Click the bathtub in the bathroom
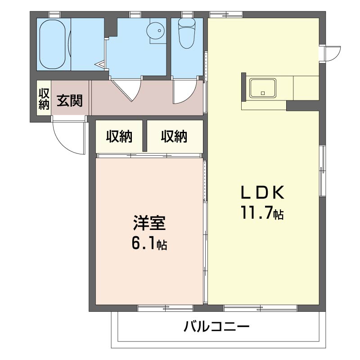[x=53, y=44]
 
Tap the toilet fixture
[x=187, y=33]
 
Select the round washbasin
[x=155, y=31]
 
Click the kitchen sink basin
[x=263, y=88]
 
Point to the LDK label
[x=263, y=193]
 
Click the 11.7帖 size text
[x=262, y=213]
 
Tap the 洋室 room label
[x=149, y=223]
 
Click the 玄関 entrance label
[x=70, y=100]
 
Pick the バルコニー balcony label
[x=216, y=326]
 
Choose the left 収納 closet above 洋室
[x=119, y=136]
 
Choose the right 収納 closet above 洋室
[x=174, y=136]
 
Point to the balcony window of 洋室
[x=165, y=308]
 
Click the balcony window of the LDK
[x=261, y=308]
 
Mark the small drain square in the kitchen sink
[x=263, y=93]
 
